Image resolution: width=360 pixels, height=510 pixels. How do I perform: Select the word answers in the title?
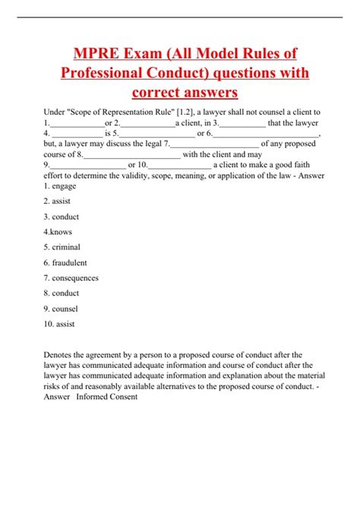coord(206,93)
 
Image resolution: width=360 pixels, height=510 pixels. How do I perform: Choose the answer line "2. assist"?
coord(57,201)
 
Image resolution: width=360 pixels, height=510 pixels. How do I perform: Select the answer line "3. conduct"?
coord(61,217)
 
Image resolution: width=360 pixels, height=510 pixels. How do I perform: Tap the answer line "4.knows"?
coord(58,232)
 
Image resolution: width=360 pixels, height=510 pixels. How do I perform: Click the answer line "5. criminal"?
coord(62,247)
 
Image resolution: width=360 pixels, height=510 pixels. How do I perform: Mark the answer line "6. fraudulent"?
coord(65,262)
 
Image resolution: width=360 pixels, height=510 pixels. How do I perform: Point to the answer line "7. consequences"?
coord(71,277)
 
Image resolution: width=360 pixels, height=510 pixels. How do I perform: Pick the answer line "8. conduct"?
coord(61,293)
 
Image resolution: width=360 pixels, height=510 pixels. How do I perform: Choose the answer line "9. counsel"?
coord(61,308)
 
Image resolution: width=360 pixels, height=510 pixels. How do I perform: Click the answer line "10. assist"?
coord(59,323)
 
